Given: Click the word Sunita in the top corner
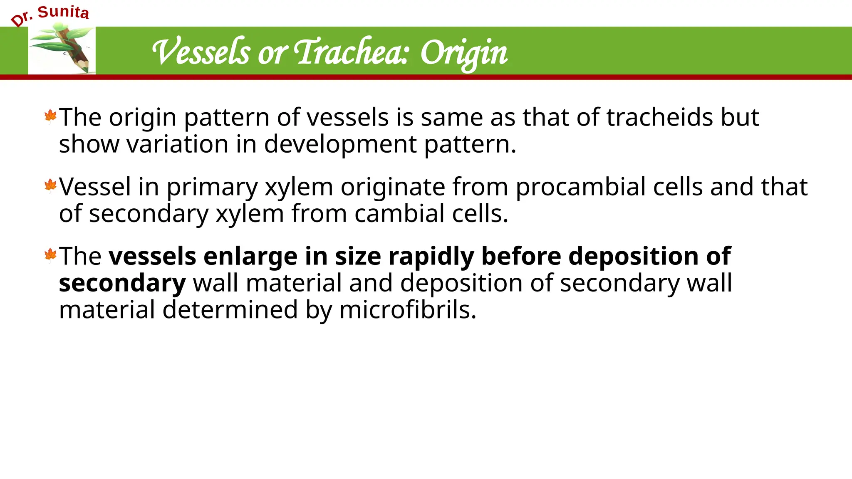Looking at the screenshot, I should [x=63, y=12].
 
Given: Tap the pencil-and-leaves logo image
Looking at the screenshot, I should [x=62, y=49].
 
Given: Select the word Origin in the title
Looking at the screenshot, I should [x=463, y=53].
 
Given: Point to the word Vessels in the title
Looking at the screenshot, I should [x=201, y=52].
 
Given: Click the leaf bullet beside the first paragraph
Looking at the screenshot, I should [x=50, y=117].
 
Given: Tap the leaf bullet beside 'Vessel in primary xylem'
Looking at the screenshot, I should [x=50, y=186].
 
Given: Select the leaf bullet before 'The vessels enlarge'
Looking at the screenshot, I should [x=50, y=255].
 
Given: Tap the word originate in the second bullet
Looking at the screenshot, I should [x=393, y=187].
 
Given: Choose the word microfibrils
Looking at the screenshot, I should [x=407, y=310].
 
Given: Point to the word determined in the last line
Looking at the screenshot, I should [x=230, y=310].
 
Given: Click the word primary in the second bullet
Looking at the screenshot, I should [x=212, y=188].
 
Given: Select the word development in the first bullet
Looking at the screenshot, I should [x=340, y=145].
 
